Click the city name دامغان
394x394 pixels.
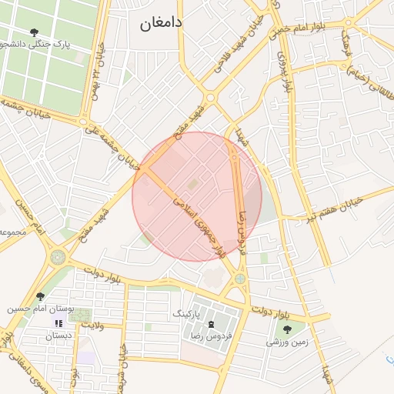(162, 23)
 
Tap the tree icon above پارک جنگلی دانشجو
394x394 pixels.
(34, 32)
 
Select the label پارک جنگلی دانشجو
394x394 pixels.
(34, 45)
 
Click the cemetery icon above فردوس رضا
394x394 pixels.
(212, 325)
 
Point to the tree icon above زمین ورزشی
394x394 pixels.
(287, 329)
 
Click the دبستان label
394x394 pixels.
(58, 336)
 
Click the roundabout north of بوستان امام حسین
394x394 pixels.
(57, 258)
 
